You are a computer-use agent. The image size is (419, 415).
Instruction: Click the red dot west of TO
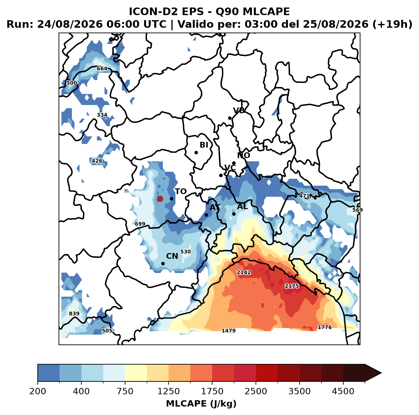point(160,199)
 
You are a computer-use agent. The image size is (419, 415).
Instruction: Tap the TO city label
point(181,191)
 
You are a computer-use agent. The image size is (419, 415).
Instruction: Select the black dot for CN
point(163,263)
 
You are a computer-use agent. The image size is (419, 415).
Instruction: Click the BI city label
point(204,145)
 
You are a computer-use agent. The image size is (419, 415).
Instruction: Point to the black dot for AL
point(234,214)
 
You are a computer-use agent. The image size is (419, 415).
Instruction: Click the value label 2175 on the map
point(292,286)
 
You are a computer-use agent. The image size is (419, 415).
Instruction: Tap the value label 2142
point(244,272)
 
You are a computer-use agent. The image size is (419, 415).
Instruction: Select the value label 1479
point(229,331)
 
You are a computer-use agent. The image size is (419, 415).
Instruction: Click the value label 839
point(74,313)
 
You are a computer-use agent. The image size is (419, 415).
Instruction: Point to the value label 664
point(102,68)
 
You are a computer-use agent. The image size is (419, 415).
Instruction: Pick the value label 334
point(102,115)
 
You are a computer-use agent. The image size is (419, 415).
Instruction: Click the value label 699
point(140,224)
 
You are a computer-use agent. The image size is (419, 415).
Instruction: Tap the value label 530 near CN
point(186,251)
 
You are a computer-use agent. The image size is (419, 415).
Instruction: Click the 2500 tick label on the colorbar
point(256,391)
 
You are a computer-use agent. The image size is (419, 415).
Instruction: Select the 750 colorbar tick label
point(125,391)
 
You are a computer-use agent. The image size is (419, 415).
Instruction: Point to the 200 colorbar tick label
point(38,391)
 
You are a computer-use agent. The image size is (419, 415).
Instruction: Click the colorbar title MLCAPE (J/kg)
point(201,404)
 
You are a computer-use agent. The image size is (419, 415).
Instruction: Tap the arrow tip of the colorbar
point(381,373)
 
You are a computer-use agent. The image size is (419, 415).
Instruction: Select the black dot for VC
point(221,175)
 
